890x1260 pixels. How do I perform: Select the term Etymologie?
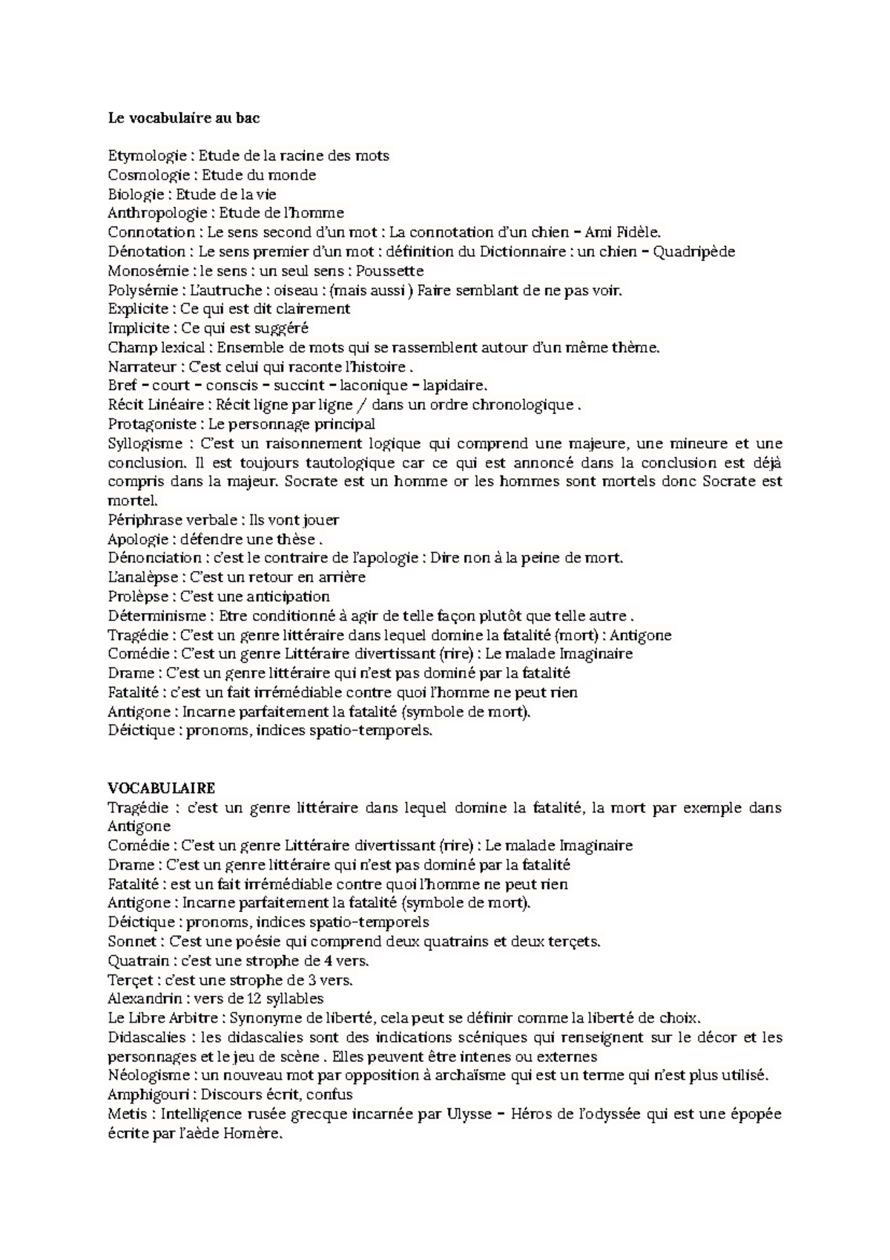147,156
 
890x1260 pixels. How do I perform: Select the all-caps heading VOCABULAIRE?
161,787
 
